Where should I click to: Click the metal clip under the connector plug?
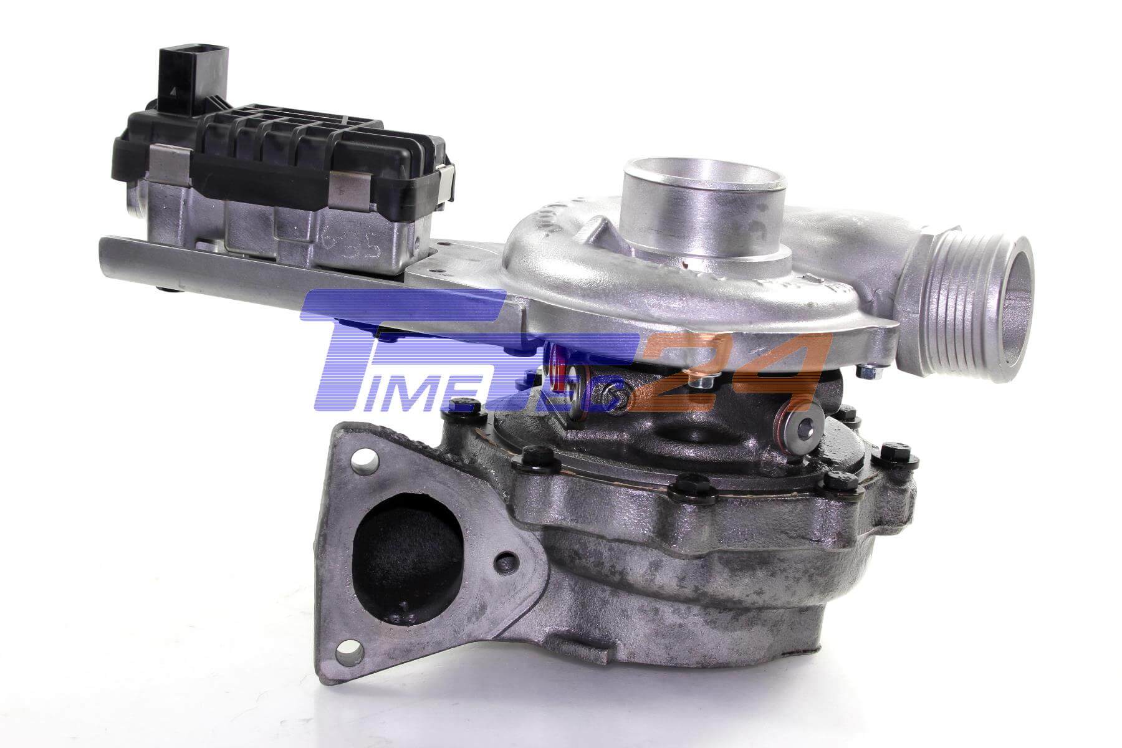click(162, 158)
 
